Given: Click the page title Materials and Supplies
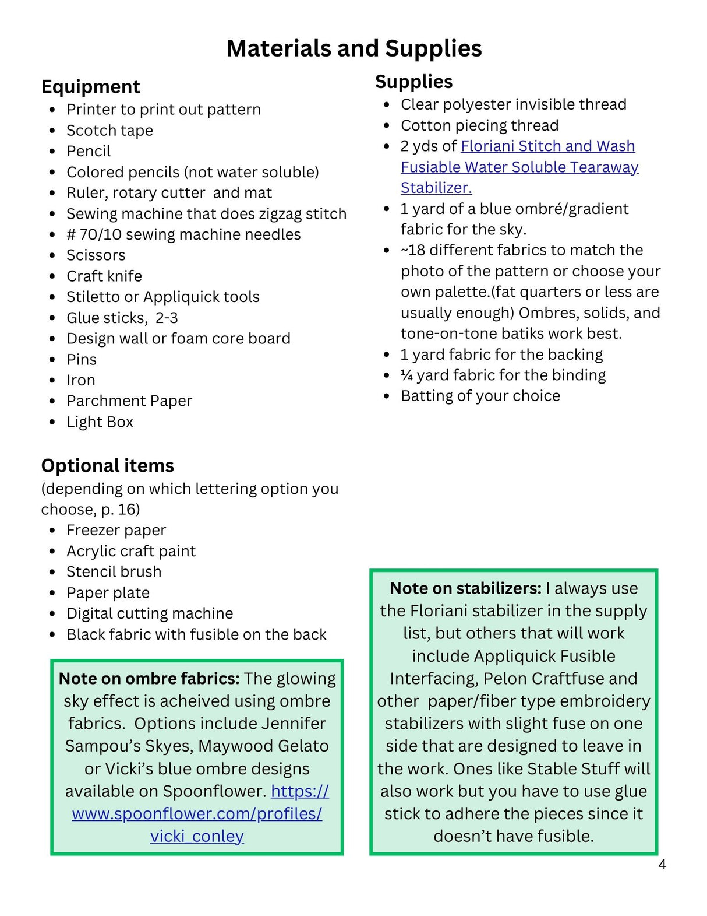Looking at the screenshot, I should [x=354, y=48].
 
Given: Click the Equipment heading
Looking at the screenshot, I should [x=90, y=86].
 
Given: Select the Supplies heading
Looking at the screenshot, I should [x=413, y=82].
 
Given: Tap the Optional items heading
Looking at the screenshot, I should [x=107, y=465].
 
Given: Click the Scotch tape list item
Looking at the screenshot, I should [x=109, y=131].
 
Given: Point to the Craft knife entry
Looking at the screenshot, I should [x=104, y=276].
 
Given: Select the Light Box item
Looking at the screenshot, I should [x=100, y=422].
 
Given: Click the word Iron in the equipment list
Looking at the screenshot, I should [x=81, y=380].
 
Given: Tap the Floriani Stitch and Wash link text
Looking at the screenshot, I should [x=547, y=146].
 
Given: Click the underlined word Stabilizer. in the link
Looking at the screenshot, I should [x=436, y=188].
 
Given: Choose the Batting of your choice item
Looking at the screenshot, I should [x=480, y=396].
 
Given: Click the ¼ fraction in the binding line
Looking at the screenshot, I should [x=406, y=375].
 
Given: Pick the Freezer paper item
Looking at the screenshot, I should [x=116, y=530].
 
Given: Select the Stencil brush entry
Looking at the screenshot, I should [x=114, y=571].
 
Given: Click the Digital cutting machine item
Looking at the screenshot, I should [x=150, y=613].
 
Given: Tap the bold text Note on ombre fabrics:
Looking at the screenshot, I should [x=149, y=679].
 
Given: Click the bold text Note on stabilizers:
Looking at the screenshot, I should [x=465, y=588].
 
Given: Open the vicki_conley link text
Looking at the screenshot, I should [x=197, y=836].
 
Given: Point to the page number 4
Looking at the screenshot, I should [x=662, y=865].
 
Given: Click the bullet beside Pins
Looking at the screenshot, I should [x=52, y=360].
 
